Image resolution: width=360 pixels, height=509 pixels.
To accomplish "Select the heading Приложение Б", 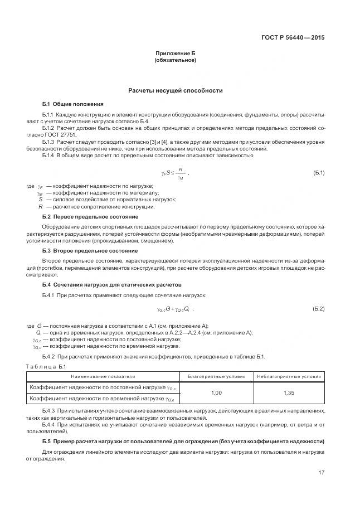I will [x=176, y=54].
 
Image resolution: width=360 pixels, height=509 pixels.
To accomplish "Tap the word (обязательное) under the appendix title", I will [x=176, y=60].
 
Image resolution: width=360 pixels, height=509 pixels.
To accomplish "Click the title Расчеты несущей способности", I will [x=176, y=90].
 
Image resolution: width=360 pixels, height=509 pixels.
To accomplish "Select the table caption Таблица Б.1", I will [x=46, y=366].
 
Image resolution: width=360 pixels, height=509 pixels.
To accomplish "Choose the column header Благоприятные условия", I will [x=216, y=376].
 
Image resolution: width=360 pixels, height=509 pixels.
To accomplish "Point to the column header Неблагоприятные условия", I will [x=289, y=376].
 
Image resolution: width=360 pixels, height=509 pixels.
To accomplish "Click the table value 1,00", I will [x=216, y=393].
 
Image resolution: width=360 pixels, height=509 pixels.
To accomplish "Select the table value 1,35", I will [x=289, y=393].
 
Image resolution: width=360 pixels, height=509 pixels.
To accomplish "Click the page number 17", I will [x=321, y=473].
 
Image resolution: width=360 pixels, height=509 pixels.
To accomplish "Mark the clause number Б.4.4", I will [x=51, y=425].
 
